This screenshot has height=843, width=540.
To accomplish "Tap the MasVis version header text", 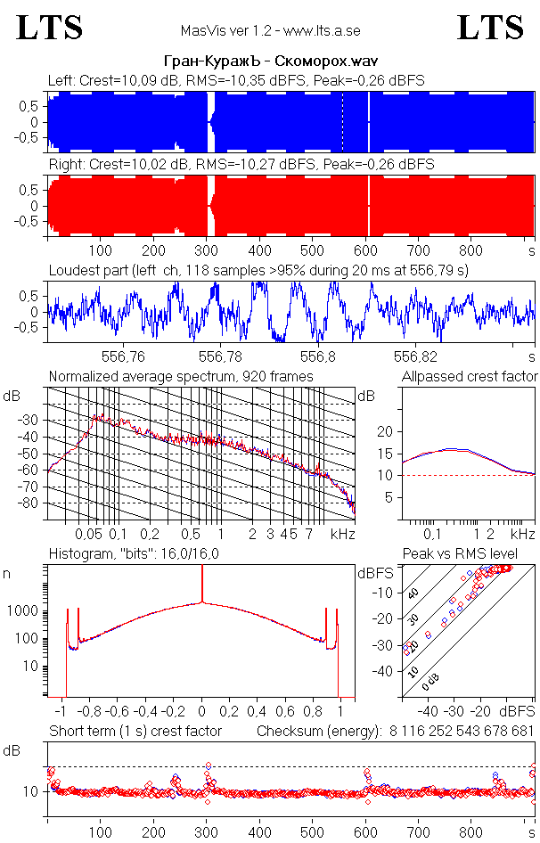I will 269,30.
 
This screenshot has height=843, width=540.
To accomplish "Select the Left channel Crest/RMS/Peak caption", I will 236,80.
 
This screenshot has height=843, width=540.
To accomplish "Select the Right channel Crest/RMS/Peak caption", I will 241,165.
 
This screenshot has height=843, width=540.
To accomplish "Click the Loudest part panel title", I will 258,269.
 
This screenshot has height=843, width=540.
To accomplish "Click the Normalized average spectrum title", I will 181,376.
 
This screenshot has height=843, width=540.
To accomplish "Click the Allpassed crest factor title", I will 470,376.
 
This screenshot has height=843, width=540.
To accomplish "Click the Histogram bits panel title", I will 140,554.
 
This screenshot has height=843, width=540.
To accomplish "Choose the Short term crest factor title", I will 135,731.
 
